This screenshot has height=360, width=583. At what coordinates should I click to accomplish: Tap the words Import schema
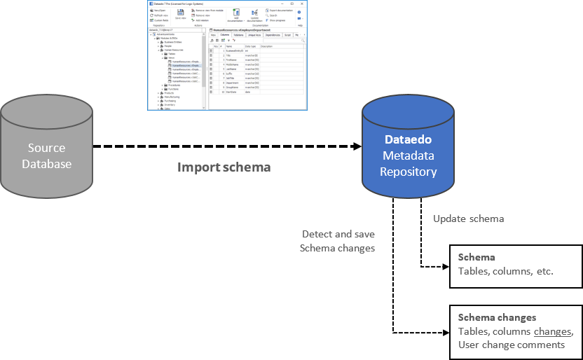pos(224,167)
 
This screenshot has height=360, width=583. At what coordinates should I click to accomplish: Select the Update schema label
pos(468,219)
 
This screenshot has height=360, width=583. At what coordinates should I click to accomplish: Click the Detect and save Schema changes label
pos(337,241)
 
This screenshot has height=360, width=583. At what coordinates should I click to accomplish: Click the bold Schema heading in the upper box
pos(476,257)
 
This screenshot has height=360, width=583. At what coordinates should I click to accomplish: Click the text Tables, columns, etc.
pos(505,271)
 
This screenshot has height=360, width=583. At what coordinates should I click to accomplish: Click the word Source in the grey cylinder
pos(47,148)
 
